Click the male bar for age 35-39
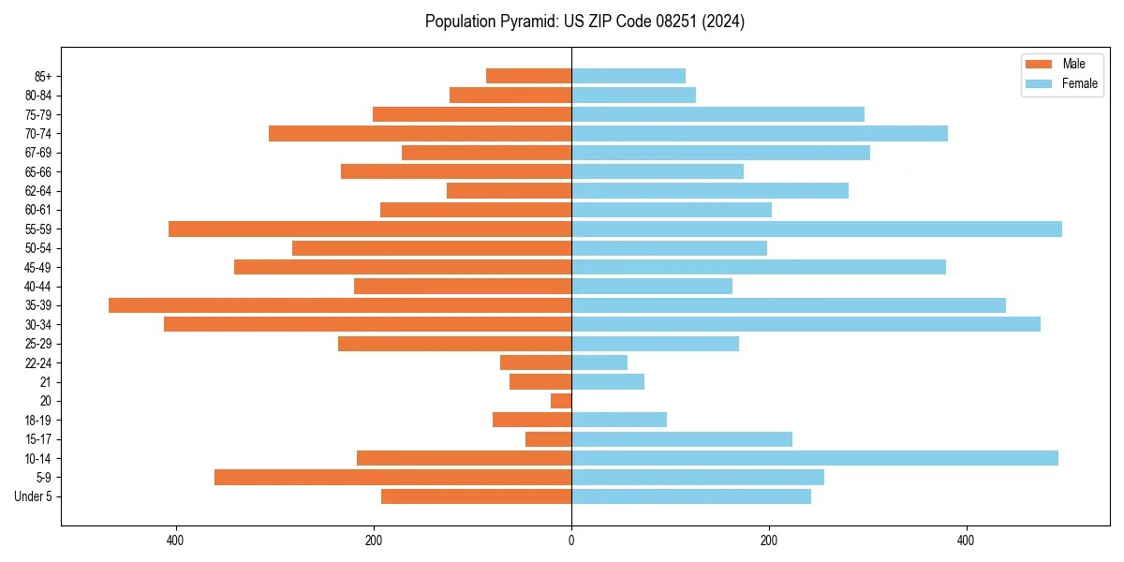click(340, 305)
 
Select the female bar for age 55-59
click(817, 229)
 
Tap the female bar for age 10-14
click(815, 458)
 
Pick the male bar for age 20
click(561, 401)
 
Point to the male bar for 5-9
click(392, 477)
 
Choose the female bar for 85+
click(629, 76)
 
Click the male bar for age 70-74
click(420, 133)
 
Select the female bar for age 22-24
click(599, 362)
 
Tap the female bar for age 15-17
click(682, 438)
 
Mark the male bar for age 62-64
click(509, 190)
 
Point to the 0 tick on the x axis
click(571, 540)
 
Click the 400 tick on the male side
click(175, 540)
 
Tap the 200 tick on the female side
click(769, 540)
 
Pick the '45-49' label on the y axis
click(38, 267)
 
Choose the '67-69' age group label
click(38, 153)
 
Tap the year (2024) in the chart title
click(725, 22)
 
